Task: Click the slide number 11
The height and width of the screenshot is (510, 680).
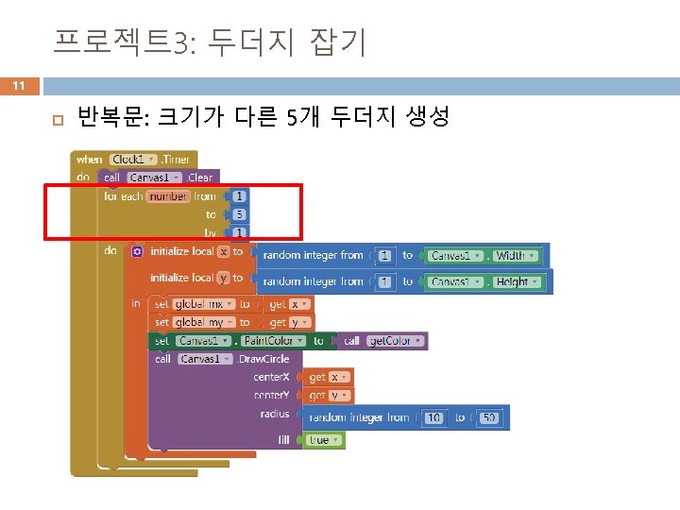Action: [18, 87]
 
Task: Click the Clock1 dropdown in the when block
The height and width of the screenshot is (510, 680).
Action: [132, 160]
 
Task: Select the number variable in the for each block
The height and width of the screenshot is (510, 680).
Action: [168, 196]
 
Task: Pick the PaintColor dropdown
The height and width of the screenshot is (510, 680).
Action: [274, 340]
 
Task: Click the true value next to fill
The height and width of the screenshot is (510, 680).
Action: [320, 440]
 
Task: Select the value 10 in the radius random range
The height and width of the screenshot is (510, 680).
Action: [435, 417]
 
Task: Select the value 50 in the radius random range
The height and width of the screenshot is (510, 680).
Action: [488, 417]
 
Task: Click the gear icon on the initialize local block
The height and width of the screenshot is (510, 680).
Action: [137, 252]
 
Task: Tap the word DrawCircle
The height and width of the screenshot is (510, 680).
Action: [265, 359]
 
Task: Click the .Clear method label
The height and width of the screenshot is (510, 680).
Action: [199, 178]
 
